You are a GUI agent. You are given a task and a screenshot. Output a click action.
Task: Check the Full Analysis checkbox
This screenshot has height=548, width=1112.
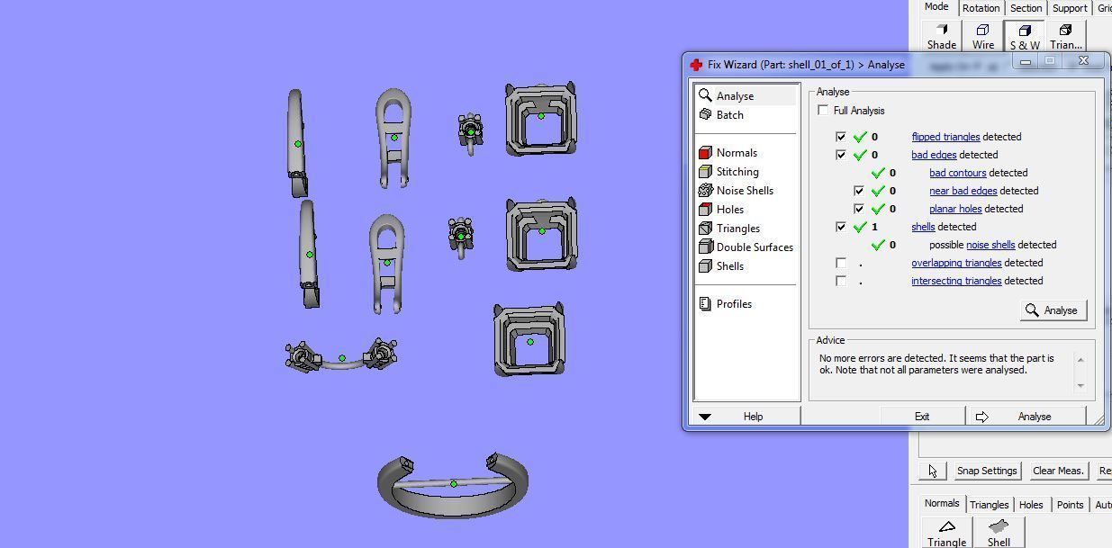(x=823, y=111)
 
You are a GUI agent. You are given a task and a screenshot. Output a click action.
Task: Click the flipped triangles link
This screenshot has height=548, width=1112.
(x=945, y=137)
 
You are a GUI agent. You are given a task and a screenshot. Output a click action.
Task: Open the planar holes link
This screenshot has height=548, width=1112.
(x=955, y=209)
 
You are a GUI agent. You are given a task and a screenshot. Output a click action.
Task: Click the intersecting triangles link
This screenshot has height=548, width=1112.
(x=956, y=281)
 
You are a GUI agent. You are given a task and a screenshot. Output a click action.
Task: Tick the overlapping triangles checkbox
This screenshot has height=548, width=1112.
(x=841, y=263)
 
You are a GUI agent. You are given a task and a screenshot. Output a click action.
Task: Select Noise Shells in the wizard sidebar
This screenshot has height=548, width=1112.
(x=744, y=191)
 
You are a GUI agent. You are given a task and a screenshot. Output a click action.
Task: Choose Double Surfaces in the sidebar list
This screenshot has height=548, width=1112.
(x=754, y=247)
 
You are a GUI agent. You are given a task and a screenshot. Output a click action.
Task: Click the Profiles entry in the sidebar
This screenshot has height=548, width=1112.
(x=733, y=304)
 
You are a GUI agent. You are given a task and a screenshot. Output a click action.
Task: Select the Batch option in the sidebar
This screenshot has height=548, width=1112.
(x=729, y=115)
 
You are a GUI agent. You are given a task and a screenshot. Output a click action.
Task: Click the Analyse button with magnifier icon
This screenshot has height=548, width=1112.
(x=1053, y=310)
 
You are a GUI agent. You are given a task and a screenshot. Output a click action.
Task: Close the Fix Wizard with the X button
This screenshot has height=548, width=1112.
(x=1083, y=61)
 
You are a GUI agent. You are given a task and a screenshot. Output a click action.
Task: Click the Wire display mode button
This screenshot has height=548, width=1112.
(x=982, y=37)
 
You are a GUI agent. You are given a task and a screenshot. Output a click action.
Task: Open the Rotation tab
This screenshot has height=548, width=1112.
(x=981, y=8)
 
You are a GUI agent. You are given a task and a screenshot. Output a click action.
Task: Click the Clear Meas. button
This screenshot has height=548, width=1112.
(x=1058, y=471)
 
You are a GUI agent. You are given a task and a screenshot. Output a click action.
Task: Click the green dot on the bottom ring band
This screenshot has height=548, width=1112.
(x=454, y=484)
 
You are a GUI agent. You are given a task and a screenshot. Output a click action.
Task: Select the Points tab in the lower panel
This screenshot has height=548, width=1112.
(x=1070, y=505)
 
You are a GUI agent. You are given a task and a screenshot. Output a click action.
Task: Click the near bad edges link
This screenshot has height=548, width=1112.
(x=963, y=191)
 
